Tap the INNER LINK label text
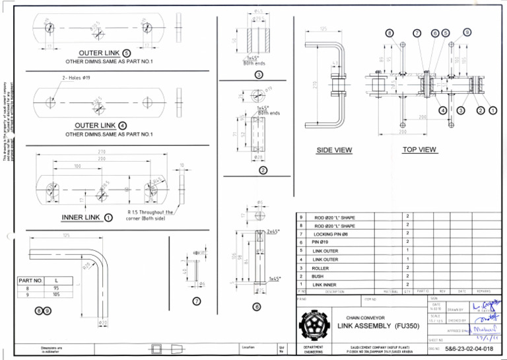click(x=81, y=217)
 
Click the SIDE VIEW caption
click(x=334, y=151)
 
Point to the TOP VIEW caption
click(x=419, y=150)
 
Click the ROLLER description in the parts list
click(x=320, y=268)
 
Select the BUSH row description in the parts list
click(x=318, y=276)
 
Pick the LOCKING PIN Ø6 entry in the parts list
click(x=332, y=234)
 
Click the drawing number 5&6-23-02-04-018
click(x=469, y=348)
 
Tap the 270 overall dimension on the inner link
click(x=102, y=152)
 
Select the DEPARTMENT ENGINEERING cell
click(x=314, y=349)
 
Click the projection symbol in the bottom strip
click(x=163, y=348)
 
